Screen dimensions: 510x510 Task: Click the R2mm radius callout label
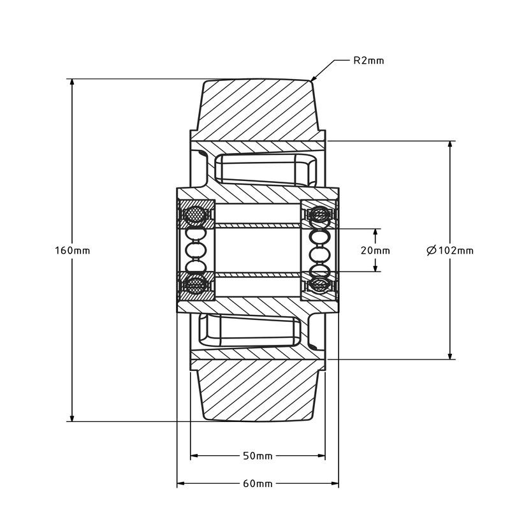point(368,61)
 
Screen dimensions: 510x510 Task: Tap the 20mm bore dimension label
point(375,250)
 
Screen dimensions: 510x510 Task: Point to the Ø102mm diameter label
point(450,250)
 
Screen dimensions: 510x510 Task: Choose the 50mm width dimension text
point(258,456)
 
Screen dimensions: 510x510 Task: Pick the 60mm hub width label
point(258,483)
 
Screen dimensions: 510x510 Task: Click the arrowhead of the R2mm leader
point(314,79)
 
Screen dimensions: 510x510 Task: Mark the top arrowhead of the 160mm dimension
point(73,84)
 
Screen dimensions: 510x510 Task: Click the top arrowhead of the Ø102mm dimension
point(450,145)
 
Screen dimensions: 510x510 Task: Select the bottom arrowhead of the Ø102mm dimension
point(450,356)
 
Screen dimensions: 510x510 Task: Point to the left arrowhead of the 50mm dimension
point(195,456)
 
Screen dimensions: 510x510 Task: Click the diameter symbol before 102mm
point(431,250)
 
